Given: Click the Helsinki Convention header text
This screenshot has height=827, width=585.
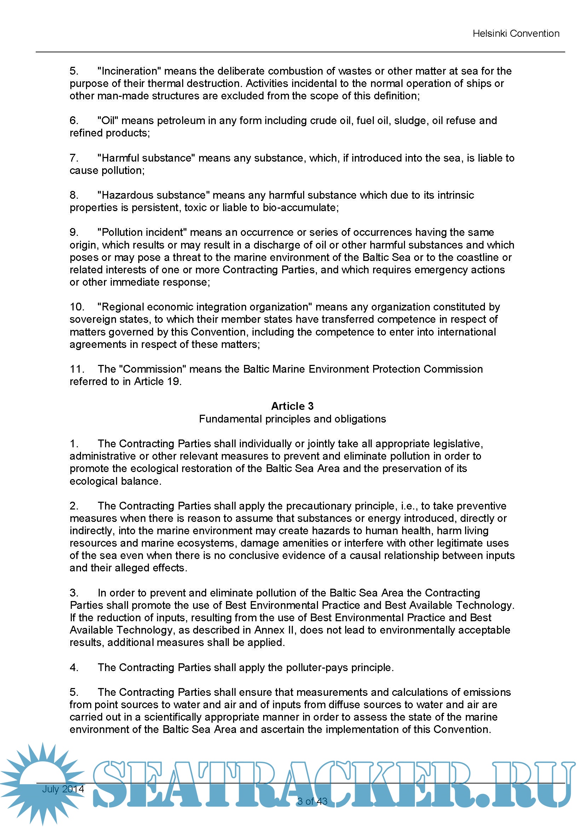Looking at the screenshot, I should (x=515, y=34).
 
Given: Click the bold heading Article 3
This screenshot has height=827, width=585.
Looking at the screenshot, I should (x=292, y=406).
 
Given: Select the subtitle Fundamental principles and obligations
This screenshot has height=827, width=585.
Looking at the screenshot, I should (x=292, y=419).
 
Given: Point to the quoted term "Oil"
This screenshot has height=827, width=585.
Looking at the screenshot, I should (x=108, y=121).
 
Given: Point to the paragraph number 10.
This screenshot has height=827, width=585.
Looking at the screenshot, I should (x=77, y=307).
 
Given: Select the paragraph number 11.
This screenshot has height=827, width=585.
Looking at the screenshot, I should (x=77, y=369).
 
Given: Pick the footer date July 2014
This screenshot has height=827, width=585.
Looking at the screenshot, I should (x=63, y=789).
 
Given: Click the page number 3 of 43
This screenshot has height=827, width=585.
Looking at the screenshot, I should (x=312, y=802).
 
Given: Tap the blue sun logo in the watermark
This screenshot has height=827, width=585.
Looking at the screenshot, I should (x=42, y=782).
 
